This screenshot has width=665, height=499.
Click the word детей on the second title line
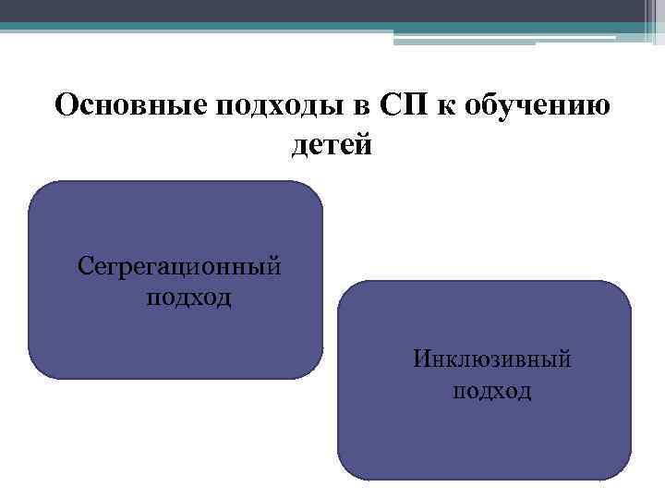click(332, 145)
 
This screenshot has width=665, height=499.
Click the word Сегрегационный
click(179, 266)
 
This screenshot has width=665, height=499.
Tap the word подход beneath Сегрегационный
click(189, 298)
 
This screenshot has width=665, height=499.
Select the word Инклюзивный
click(491, 358)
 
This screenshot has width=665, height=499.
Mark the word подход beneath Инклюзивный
click(491, 390)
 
